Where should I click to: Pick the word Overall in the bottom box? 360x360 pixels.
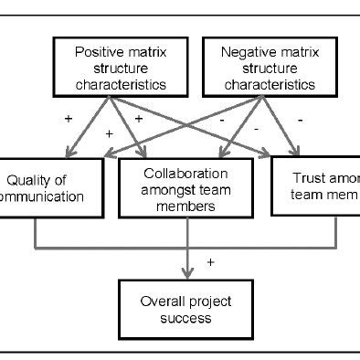point(161,302)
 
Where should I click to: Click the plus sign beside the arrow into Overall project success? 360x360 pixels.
point(210,262)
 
